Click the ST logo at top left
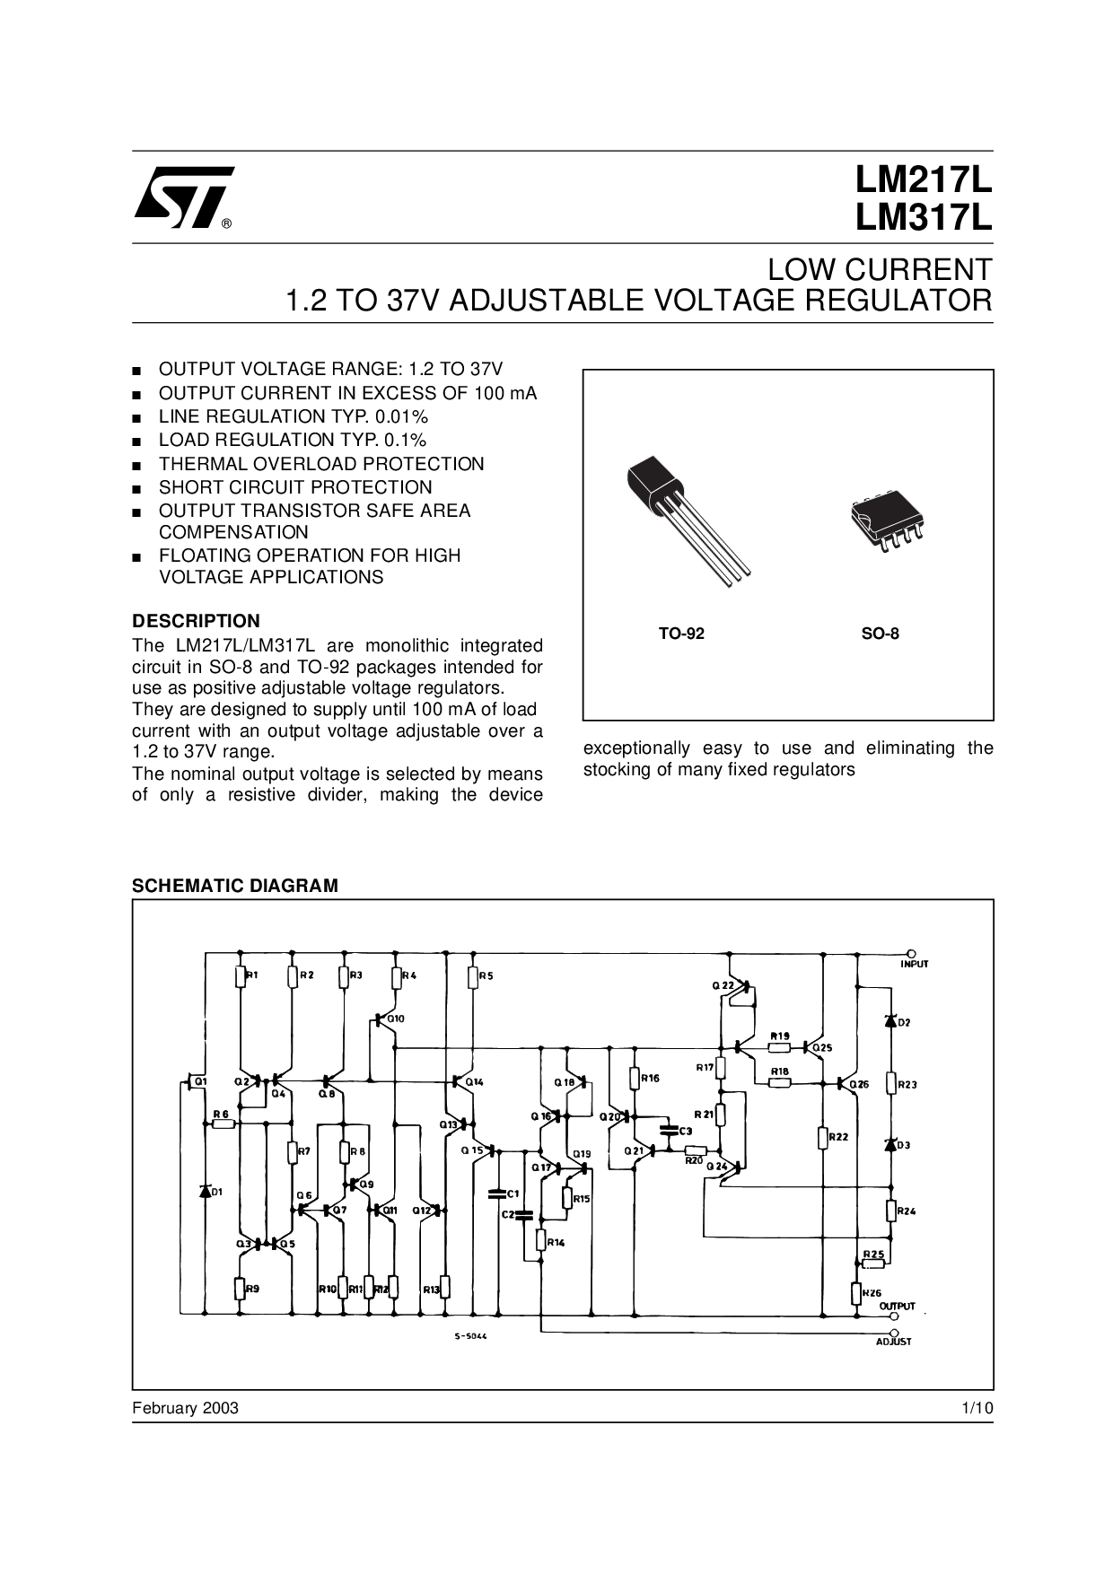(183, 195)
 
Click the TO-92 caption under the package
(681, 634)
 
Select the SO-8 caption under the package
(881, 634)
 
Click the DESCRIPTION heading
(196, 621)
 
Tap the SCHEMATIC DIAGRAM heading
(234, 886)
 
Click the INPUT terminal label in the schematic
(915, 964)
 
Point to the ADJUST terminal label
(893, 1342)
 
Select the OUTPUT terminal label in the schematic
(897, 1306)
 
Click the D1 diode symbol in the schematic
(205, 1192)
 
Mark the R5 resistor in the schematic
(473, 976)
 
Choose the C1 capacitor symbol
(495, 1194)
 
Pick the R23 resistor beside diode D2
(891, 1084)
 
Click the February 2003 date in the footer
(185, 1408)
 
